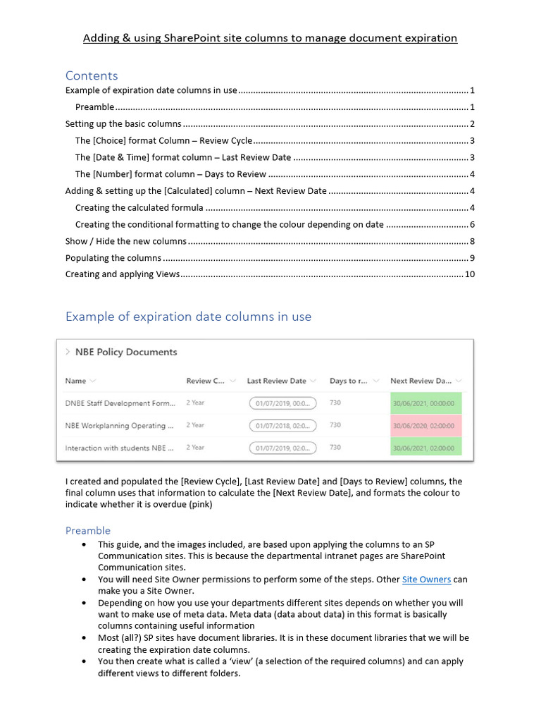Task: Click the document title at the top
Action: (270, 38)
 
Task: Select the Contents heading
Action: (92, 75)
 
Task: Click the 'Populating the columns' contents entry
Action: (113, 258)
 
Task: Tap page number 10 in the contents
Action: (470, 274)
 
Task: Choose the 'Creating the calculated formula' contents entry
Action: (139, 208)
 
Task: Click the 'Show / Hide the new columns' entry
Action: (126, 241)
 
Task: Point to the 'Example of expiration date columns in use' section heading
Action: (188, 317)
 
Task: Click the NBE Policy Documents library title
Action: (126, 352)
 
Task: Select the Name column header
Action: (75, 381)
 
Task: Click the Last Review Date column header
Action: (276, 381)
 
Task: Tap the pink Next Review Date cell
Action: (425, 426)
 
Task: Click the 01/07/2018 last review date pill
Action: (282, 426)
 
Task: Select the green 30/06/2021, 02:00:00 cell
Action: (425, 448)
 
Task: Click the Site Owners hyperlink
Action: (426, 580)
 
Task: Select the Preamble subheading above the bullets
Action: (88, 530)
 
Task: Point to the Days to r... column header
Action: (349, 381)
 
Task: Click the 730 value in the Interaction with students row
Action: (335, 448)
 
